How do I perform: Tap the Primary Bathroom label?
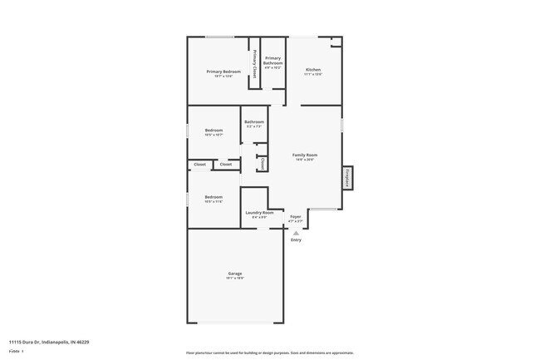tap(273, 60)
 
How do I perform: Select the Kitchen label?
tap(312, 70)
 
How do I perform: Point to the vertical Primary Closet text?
tap(254, 64)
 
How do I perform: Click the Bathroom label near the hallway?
tap(254, 123)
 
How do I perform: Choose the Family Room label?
tap(304, 155)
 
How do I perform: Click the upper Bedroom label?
tap(214, 131)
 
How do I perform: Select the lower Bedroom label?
tap(214, 198)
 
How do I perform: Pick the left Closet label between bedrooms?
tap(199, 165)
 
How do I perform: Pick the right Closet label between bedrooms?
tap(225, 165)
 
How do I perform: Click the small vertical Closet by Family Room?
tap(262, 163)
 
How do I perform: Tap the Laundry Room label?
tap(259, 213)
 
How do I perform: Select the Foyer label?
tap(295, 218)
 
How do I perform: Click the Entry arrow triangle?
tap(296, 233)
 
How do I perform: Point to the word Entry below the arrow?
tap(296, 240)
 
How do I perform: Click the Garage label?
tap(235, 274)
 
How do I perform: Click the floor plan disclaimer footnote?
tap(269, 353)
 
